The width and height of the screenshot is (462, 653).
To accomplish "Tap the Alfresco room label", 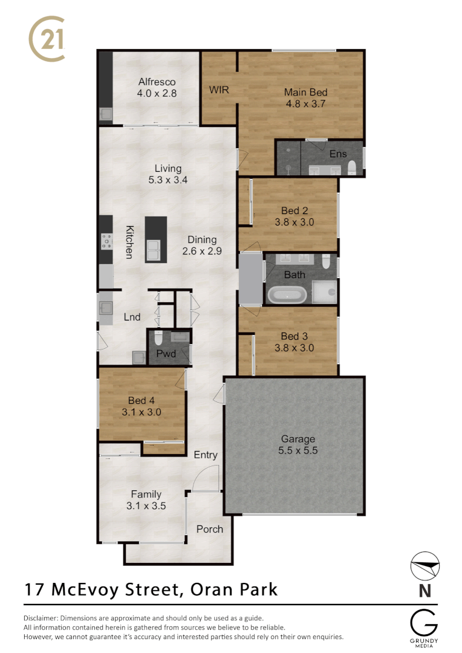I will point(157,82).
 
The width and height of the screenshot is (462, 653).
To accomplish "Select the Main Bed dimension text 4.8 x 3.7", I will point(306,104).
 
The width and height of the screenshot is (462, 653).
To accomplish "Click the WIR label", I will point(218,90).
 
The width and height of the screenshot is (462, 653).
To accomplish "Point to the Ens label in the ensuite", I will point(338,154).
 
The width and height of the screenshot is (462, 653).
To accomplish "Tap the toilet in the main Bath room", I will point(326,262).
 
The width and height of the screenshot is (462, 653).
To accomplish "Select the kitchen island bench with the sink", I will point(155,239).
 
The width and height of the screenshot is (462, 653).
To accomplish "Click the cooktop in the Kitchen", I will point(106,241).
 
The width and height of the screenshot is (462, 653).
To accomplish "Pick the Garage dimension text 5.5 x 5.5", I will point(298,450).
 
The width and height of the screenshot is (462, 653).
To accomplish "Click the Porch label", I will point(210,529).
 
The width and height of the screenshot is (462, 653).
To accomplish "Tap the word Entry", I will point(205,455).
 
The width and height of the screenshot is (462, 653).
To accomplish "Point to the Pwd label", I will point(166,354).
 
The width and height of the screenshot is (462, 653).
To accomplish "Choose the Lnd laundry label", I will point(132,317).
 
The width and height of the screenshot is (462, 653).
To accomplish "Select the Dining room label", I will point(201,239).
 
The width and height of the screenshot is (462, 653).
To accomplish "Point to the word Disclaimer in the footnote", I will point(41,618).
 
